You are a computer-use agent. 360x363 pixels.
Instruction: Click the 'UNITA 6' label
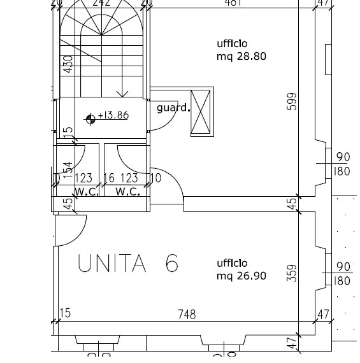click(127, 264)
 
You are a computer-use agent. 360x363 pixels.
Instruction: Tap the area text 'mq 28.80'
click(241, 56)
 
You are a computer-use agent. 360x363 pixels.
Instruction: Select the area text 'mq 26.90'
click(241, 276)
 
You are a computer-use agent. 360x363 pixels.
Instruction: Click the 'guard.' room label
click(173, 108)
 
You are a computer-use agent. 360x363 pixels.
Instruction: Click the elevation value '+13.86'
click(113, 116)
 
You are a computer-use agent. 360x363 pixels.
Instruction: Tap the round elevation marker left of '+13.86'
click(90, 117)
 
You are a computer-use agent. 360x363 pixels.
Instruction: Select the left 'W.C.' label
click(87, 191)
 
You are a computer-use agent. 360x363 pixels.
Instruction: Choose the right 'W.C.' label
click(127, 191)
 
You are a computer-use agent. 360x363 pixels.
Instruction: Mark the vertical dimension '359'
click(292, 273)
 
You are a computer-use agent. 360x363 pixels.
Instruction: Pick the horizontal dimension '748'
click(187, 314)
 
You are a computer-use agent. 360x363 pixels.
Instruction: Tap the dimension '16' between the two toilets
click(109, 179)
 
